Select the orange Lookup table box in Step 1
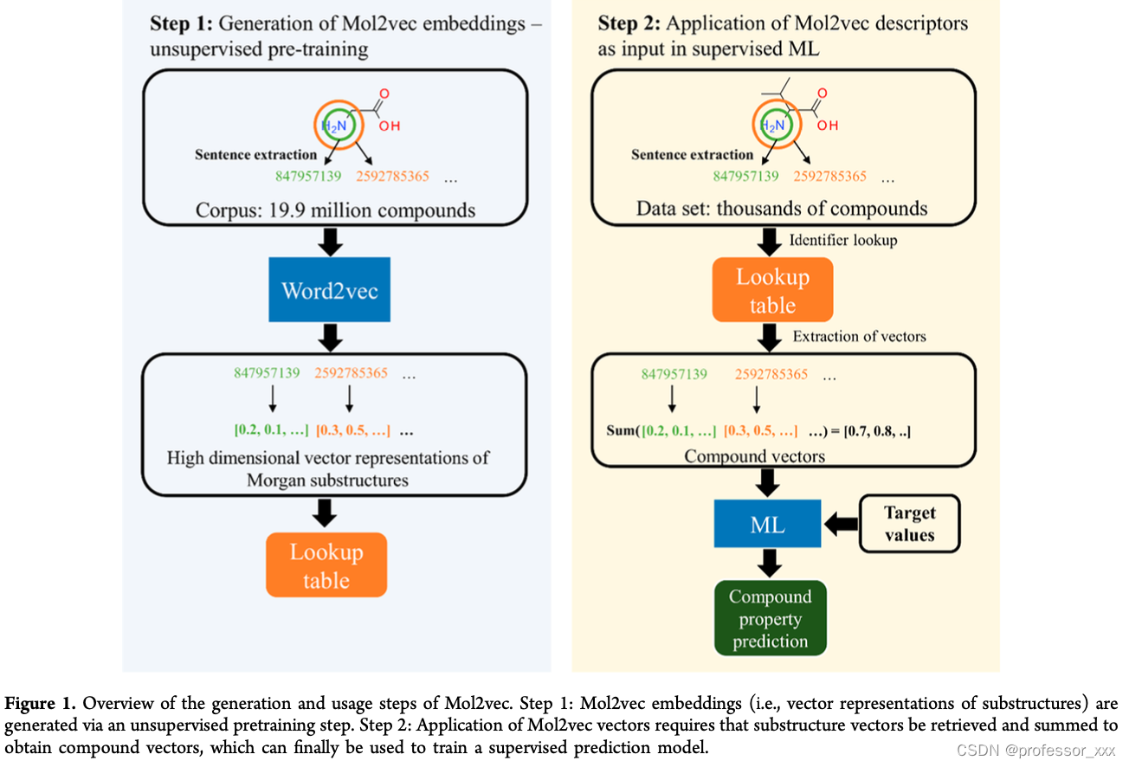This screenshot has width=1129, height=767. [x=326, y=565]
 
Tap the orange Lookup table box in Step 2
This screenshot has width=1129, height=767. [x=772, y=291]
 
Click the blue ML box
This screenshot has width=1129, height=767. [x=767, y=524]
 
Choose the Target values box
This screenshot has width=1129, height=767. [x=909, y=524]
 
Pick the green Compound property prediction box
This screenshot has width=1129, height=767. [x=770, y=618]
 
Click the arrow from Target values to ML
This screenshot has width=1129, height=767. [x=840, y=524]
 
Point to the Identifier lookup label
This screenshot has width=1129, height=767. [x=842, y=240]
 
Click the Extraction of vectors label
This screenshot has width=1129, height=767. [x=859, y=336]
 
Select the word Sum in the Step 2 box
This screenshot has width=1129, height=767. [x=620, y=430]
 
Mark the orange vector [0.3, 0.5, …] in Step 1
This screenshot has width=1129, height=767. [x=352, y=430]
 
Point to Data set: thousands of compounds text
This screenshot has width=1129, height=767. [x=781, y=209]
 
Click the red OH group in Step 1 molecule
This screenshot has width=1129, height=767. [x=390, y=126]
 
